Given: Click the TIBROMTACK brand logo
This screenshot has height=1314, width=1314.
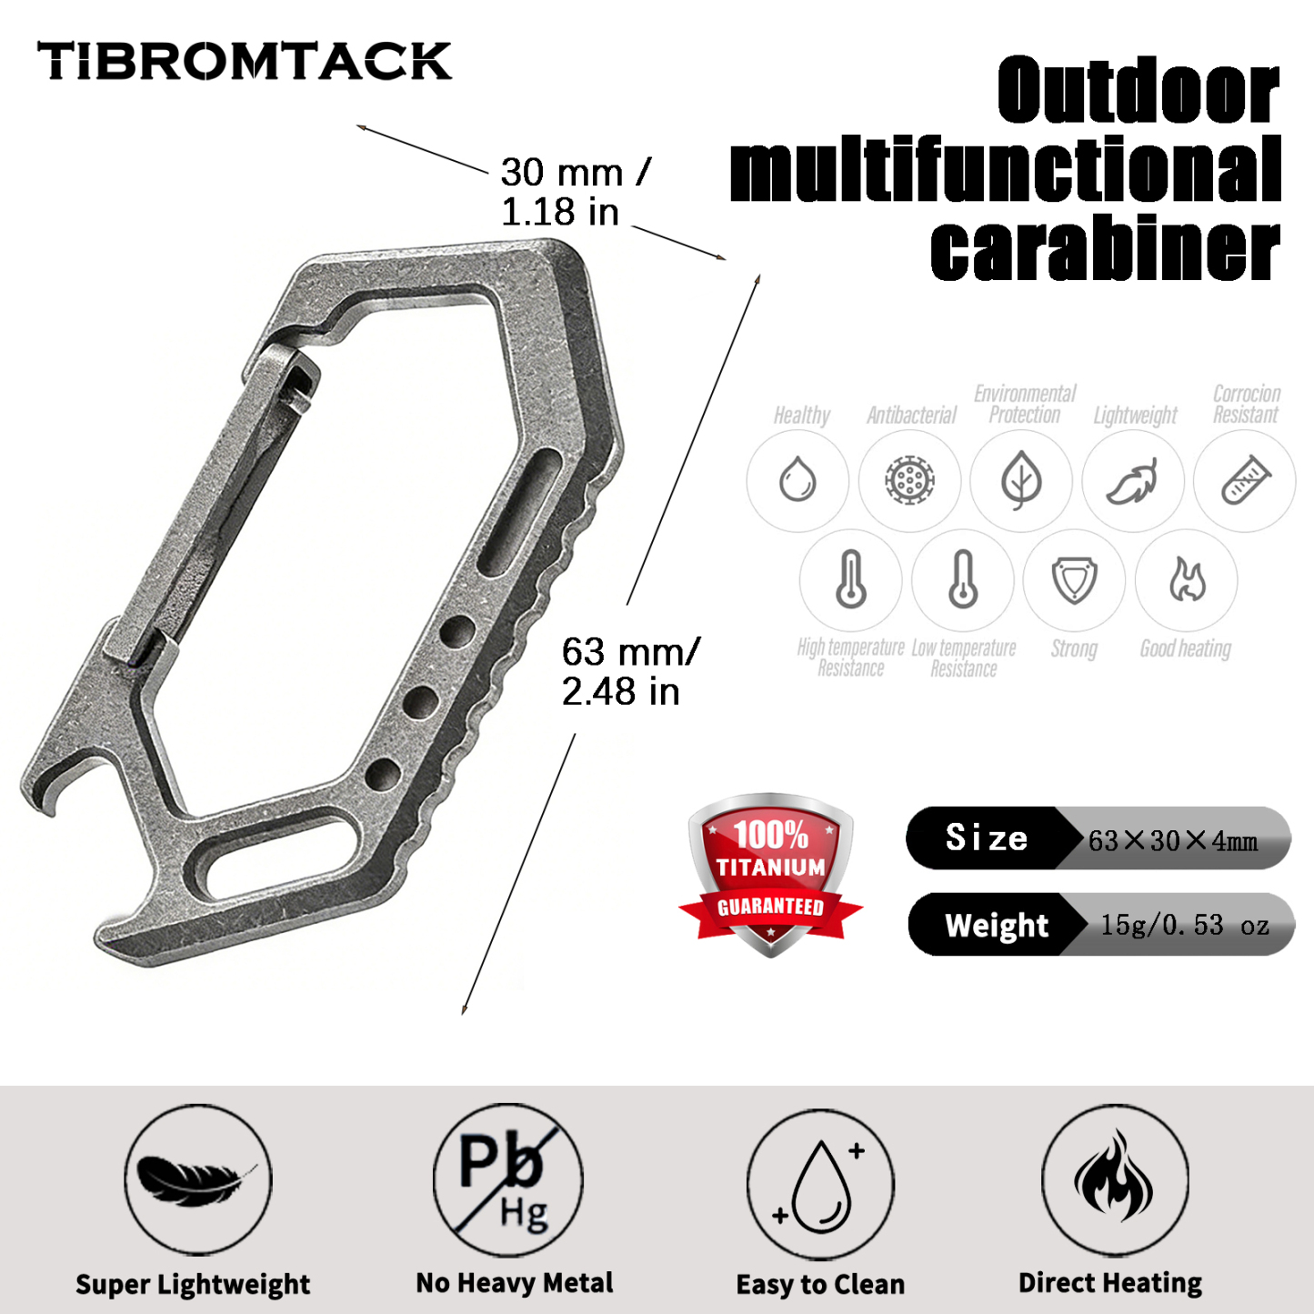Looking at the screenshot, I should (x=244, y=62).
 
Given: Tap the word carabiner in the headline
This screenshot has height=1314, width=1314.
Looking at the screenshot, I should (x=1105, y=249).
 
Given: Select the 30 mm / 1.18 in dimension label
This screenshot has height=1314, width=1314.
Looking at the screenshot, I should (x=573, y=192).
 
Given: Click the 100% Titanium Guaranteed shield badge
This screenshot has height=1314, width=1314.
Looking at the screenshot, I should (x=770, y=873).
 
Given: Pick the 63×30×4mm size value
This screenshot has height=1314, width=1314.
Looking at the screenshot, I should (x=1173, y=840).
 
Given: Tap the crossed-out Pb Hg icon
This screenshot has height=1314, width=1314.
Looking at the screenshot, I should (x=507, y=1180).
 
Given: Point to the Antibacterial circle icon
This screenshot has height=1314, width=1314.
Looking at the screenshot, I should (x=909, y=480).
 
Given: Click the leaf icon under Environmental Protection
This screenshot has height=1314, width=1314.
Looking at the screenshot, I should (x=1021, y=480).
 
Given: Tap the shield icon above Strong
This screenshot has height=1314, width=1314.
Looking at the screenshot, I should (x=1074, y=579).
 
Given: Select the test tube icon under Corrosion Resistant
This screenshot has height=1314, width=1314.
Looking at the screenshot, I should (x=1245, y=480).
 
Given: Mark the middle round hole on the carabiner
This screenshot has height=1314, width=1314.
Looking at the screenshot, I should (x=421, y=701).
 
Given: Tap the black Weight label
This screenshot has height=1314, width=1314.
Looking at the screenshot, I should (x=997, y=926).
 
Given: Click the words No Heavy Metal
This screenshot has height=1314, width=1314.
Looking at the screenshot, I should (x=515, y=1283).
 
